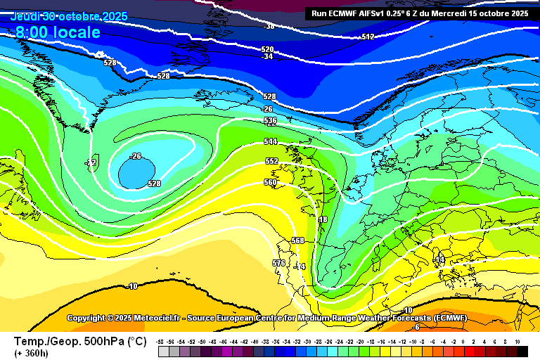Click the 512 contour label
[x=368, y=37]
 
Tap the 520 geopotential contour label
[x=267, y=49]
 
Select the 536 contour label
[x=271, y=121]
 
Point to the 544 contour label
[x=271, y=141]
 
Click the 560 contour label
[x=271, y=182]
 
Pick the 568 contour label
[x=297, y=240]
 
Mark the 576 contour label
[x=278, y=263]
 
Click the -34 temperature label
[x=267, y=57]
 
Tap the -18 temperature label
[x=322, y=220]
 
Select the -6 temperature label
[x=416, y=327]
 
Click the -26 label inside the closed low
[x=136, y=156]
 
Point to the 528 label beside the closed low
[x=154, y=184]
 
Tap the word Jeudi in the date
[x=25, y=16]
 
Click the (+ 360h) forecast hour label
[x=32, y=353]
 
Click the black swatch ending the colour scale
[x=522, y=351]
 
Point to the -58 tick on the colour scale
[x=162, y=341]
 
